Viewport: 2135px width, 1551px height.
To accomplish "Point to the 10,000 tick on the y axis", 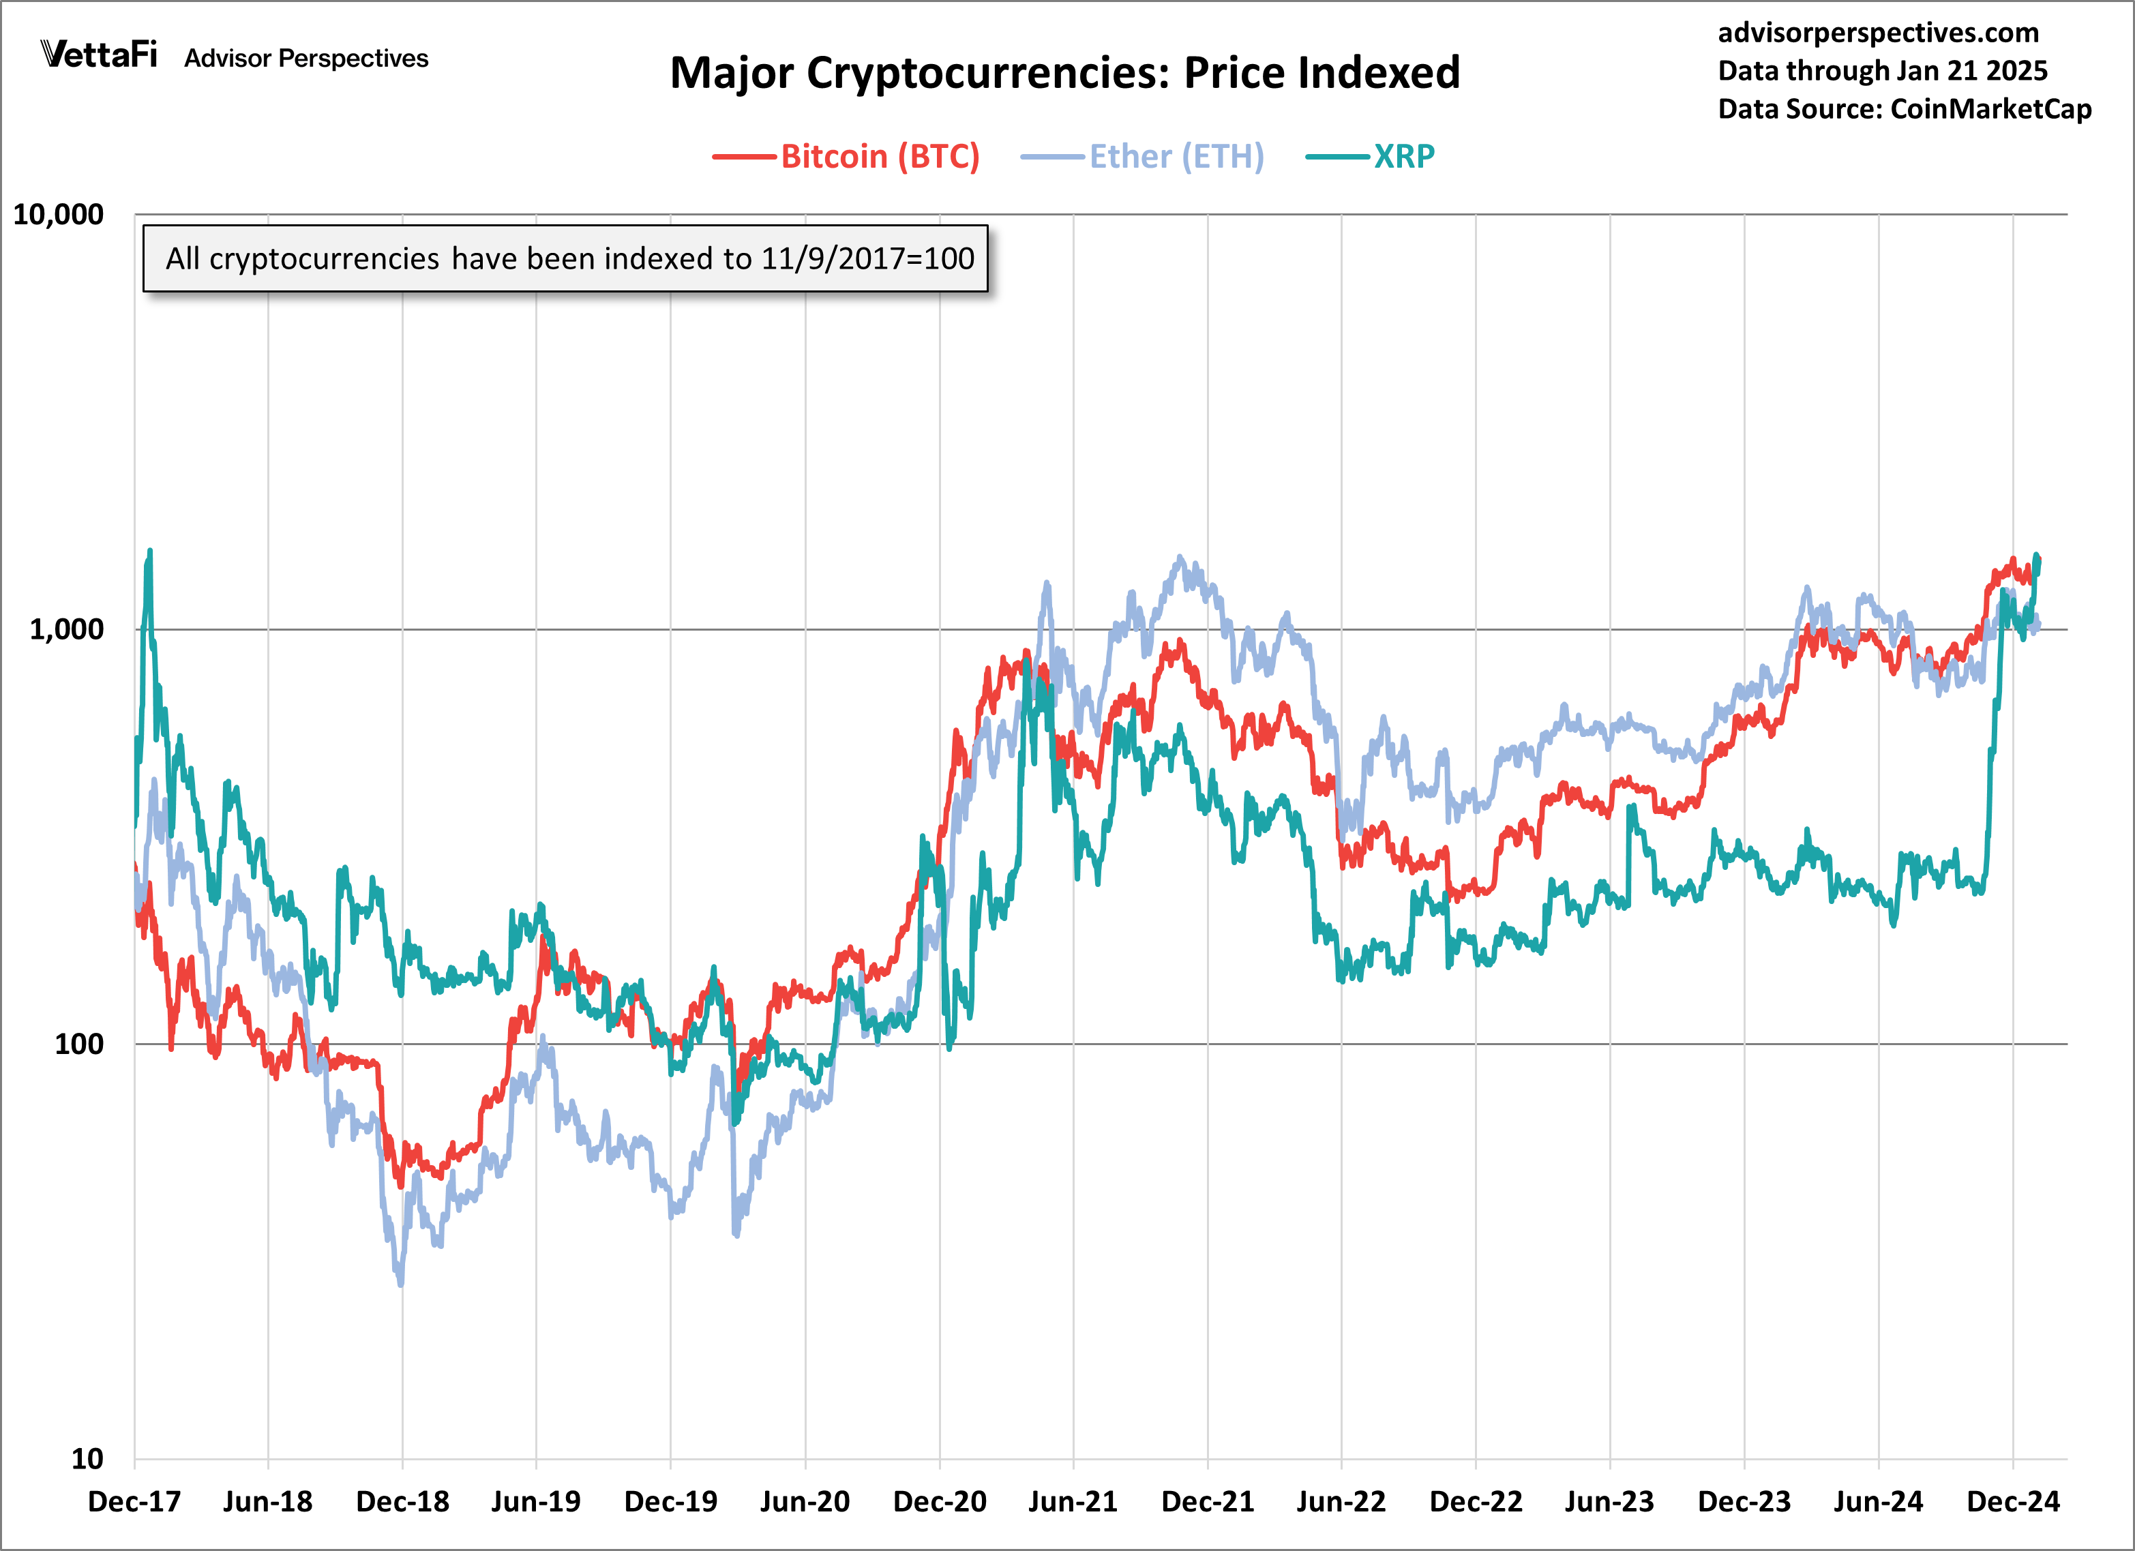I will click(59, 215).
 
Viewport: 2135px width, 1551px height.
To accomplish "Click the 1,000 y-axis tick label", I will click(66, 629).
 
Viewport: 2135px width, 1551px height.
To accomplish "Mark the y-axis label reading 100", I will click(79, 1044).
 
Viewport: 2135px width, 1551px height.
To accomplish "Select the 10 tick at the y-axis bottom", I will click(87, 1459).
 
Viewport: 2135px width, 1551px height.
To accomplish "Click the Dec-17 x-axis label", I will click(134, 1501).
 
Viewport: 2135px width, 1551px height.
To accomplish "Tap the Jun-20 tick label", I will click(805, 1501).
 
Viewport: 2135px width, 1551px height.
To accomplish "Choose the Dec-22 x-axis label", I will click(1475, 1501).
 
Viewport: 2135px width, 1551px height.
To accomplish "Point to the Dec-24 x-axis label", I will click(2013, 1501).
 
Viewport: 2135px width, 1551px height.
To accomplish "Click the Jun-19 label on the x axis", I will click(536, 1501).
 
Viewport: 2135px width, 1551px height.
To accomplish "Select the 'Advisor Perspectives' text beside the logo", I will click(306, 59).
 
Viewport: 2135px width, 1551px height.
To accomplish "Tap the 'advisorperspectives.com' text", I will click(1878, 33).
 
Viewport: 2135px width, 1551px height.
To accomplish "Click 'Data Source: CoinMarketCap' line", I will click(1905, 109).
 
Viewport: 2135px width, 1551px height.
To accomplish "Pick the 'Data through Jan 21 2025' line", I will click(1883, 71).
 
